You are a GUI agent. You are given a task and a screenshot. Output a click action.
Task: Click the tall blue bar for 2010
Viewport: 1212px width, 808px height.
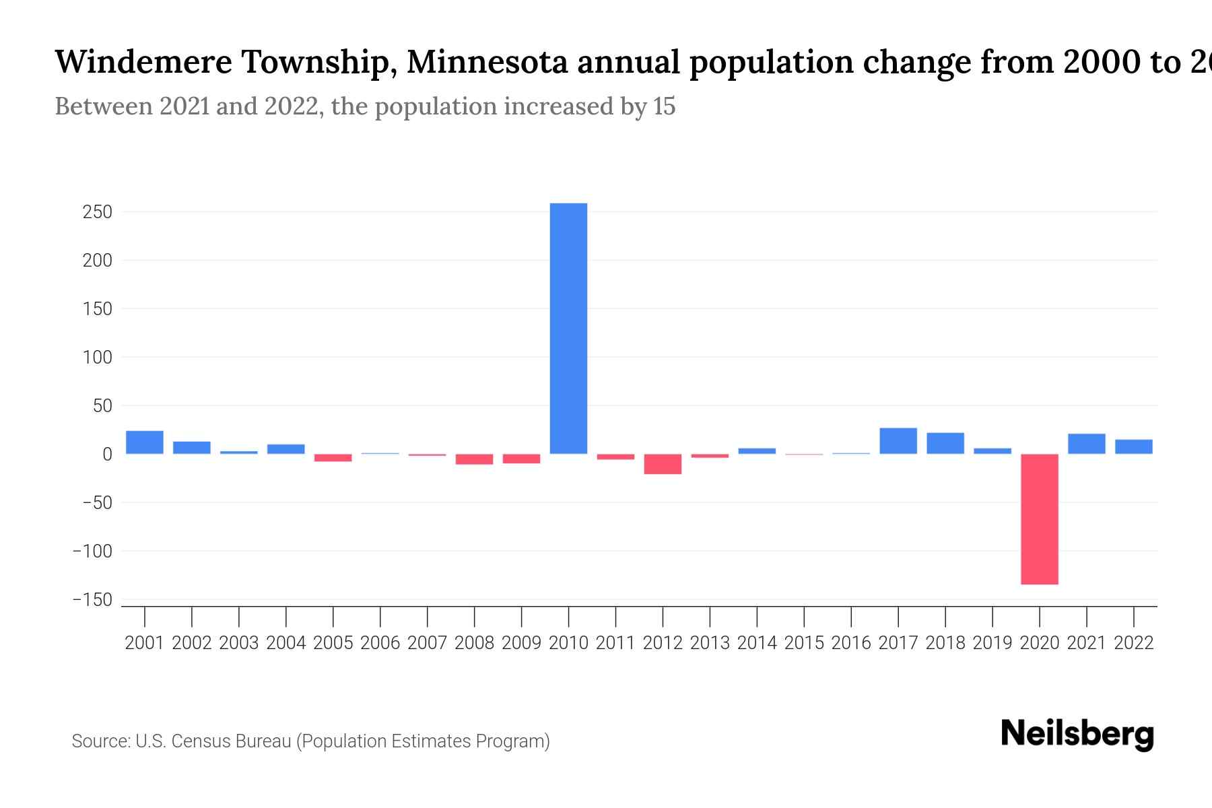click(568, 328)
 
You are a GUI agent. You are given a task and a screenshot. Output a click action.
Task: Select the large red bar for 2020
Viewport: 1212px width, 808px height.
click(1039, 518)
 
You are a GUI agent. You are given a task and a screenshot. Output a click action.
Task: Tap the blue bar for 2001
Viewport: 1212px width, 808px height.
click(145, 442)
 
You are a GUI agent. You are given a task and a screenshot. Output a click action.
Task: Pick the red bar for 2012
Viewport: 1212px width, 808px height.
click(663, 464)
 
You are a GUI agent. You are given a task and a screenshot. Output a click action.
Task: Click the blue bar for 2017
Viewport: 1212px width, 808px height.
click(898, 441)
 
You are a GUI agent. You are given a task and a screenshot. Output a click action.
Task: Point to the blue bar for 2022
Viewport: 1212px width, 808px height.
click(1133, 446)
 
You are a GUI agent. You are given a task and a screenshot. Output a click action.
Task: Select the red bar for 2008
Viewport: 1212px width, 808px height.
click(474, 459)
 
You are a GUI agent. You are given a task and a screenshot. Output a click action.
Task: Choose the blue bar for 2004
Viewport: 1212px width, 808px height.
click(286, 449)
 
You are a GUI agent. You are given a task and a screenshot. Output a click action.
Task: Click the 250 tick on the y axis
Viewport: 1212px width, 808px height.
click(97, 212)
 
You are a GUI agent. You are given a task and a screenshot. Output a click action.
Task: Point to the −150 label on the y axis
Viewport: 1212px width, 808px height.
click(92, 600)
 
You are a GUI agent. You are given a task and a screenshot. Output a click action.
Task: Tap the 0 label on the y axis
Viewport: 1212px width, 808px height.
click(107, 454)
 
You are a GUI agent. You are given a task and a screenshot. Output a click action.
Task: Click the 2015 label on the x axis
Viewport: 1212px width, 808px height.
click(804, 643)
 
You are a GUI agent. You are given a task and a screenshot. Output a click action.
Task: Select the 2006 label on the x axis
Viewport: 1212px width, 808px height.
click(380, 643)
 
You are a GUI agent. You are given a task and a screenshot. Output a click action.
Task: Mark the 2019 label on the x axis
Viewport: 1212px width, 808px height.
click(992, 643)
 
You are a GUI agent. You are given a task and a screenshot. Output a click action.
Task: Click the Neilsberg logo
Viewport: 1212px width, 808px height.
click(1077, 735)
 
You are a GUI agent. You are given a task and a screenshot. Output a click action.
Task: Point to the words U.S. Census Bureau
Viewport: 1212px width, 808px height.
click(213, 741)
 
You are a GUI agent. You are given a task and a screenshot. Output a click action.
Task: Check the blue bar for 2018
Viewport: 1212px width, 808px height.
click(945, 443)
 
